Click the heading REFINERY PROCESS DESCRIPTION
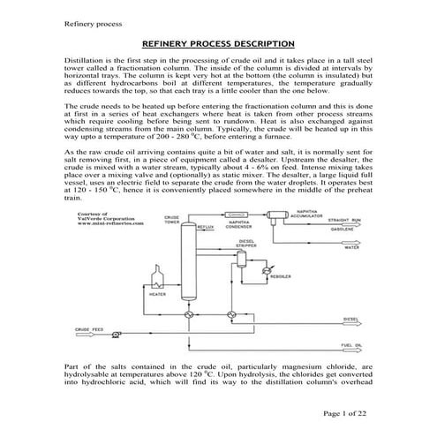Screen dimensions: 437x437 pyautogui.click(x=218, y=43)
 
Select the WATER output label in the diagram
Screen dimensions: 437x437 pyautogui.click(x=350, y=248)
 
